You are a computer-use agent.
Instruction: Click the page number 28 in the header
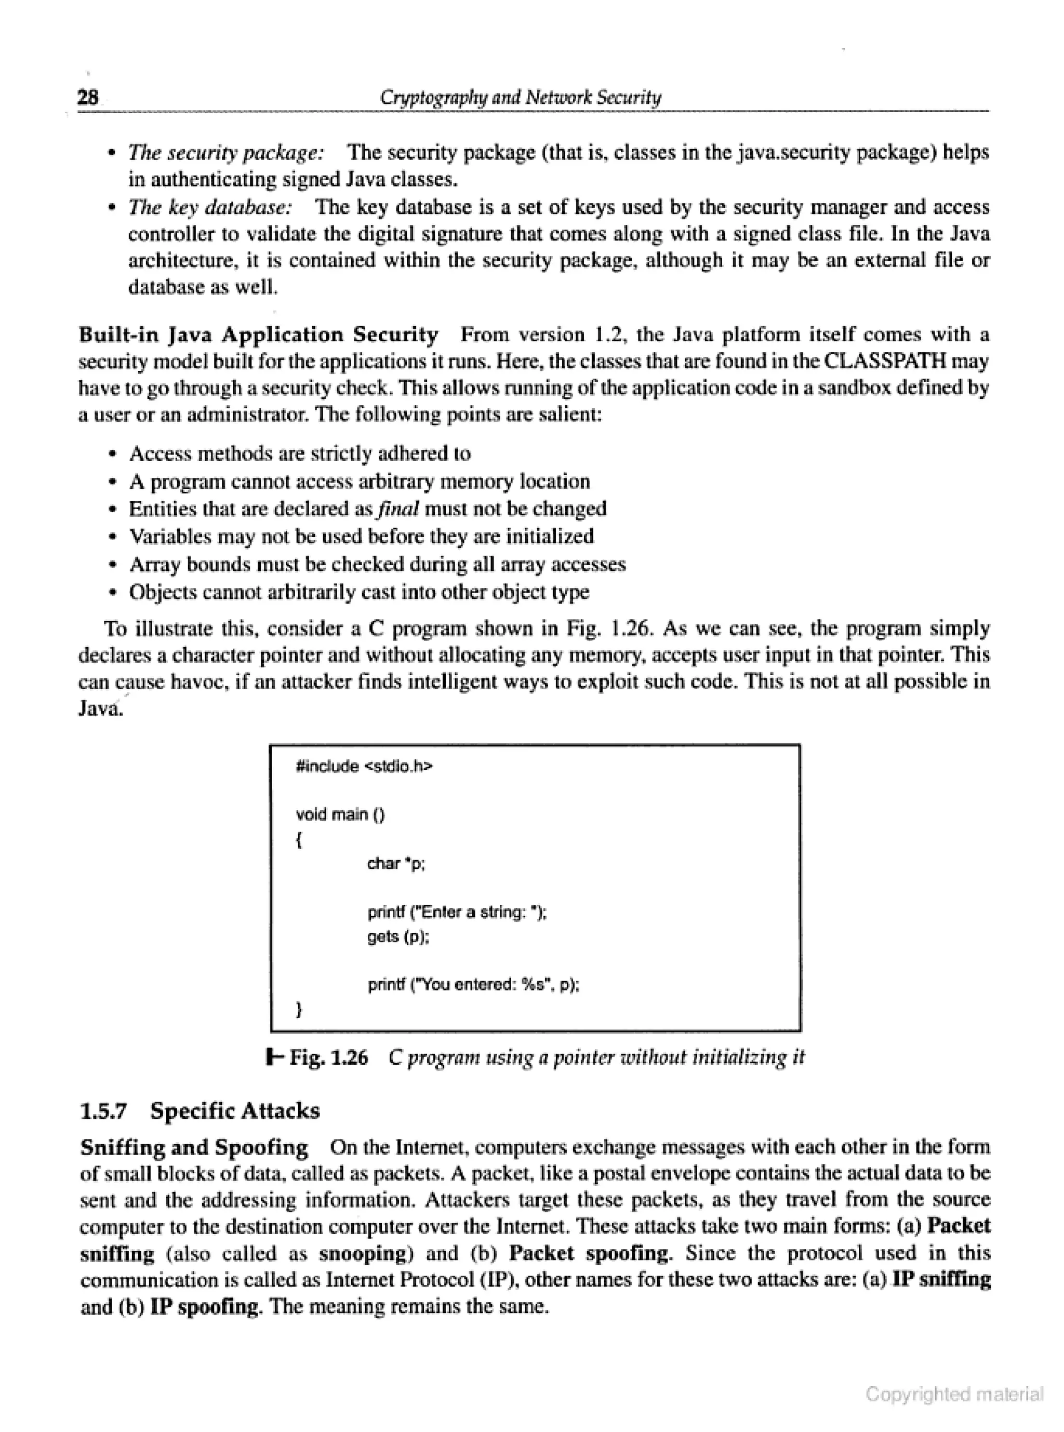(x=88, y=97)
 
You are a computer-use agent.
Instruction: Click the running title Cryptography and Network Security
(x=521, y=97)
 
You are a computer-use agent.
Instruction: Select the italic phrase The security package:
(x=226, y=153)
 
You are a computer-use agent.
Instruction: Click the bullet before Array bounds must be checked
(x=113, y=565)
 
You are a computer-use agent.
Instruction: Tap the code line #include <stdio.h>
(x=364, y=766)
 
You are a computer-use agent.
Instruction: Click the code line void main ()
(x=340, y=814)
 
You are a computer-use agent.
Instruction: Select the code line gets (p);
(x=398, y=937)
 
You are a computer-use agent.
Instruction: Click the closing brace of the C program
(x=298, y=1010)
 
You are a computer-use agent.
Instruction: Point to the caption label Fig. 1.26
(x=328, y=1058)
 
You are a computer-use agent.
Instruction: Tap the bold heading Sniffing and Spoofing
(x=194, y=1147)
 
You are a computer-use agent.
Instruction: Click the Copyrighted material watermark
(x=954, y=1394)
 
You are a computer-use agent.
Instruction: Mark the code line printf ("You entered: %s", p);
(x=473, y=985)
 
